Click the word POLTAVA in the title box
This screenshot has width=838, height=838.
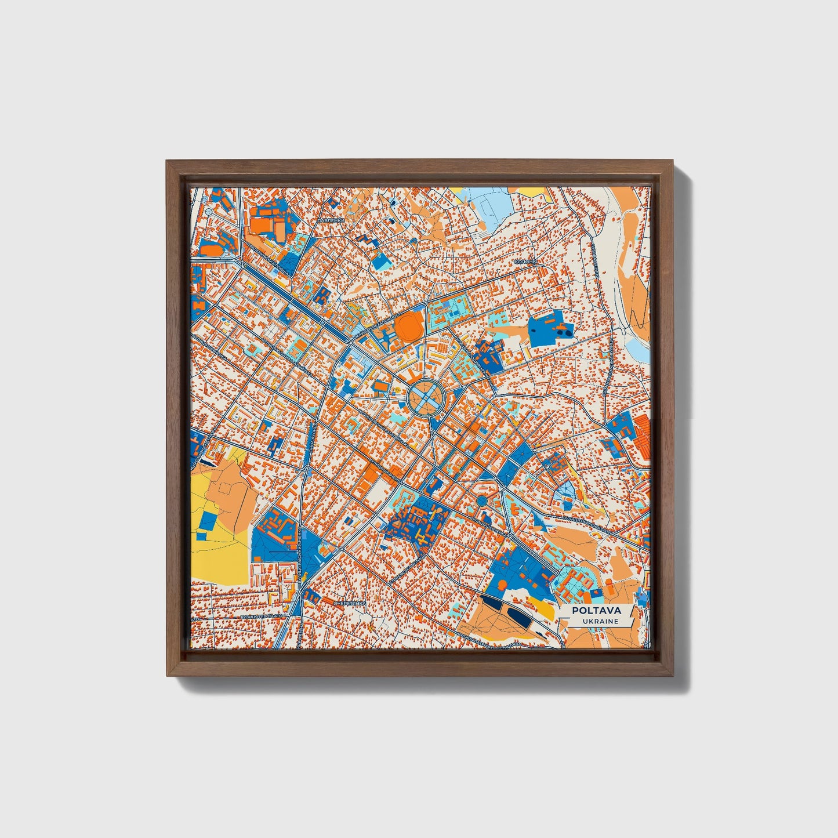[x=596, y=611]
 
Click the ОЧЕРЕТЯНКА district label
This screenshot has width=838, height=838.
[x=350, y=604]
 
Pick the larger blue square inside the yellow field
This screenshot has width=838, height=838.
[x=206, y=522]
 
